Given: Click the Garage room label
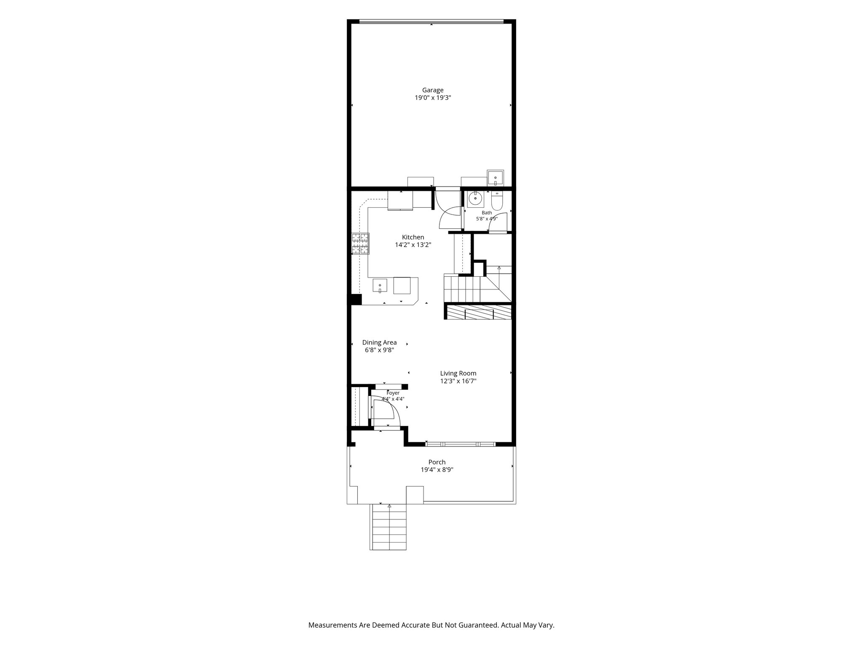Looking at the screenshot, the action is pyautogui.click(x=433, y=90).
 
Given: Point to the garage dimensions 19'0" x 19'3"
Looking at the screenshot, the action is pyautogui.click(x=433, y=98).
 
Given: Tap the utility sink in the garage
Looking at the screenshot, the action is pyautogui.click(x=495, y=178).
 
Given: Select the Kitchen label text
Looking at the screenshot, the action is pyautogui.click(x=413, y=237).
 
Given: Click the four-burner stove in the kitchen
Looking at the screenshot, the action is pyautogui.click(x=360, y=243).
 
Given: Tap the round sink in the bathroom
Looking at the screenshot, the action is pyautogui.click(x=475, y=198).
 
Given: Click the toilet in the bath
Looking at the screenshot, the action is pyautogui.click(x=497, y=201).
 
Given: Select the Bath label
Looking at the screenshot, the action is pyautogui.click(x=487, y=213).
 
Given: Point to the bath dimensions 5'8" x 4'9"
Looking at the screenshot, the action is pyautogui.click(x=487, y=219).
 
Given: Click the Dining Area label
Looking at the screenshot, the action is pyautogui.click(x=379, y=342).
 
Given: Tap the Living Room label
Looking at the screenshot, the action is pyautogui.click(x=458, y=373).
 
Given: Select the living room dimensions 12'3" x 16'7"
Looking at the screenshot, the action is pyautogui.click(x=458, y=381).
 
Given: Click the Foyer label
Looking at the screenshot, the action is pyautogui.click(x=393, y=393).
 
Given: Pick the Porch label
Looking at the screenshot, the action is pyautogui.click(x=437, y=462).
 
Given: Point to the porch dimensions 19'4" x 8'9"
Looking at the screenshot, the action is pyautogui.click(x=437, y=470).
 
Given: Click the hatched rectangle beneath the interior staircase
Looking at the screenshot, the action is pyautogui.click(x=477, y=312).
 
